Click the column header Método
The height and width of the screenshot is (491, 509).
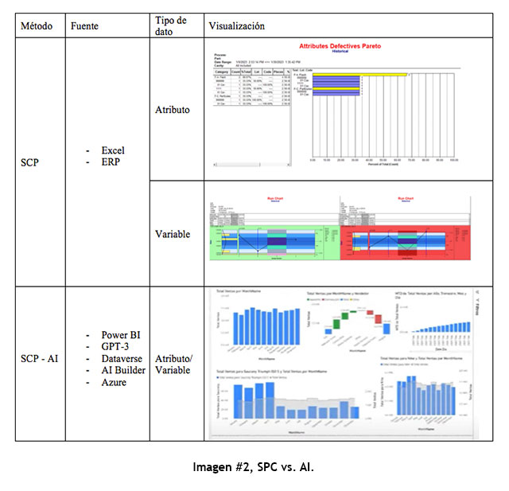tap(37, 26)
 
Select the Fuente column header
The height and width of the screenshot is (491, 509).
tap(85, 26)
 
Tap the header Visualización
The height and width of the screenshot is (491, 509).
tap(236, 26)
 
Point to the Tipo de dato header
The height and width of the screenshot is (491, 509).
tap(171, 25)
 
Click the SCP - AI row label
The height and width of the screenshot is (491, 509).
tap(40, 358)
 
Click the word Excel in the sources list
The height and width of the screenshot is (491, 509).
tap(113, 150)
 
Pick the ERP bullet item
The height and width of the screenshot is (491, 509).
tap(110, 162)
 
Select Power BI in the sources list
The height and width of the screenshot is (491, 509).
tap(119, 335)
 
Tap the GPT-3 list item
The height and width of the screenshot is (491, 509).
tap(115, 347)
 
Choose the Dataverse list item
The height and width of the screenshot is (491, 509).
tap(122, 359)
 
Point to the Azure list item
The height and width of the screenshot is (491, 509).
tap(114, 383)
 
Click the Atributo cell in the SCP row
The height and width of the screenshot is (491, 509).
tap(172, 110)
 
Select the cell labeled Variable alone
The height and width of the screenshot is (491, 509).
tap(172, 235)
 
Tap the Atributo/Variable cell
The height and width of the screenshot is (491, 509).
tap(173, 364)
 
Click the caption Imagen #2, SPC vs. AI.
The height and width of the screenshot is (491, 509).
tap(254, 468)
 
